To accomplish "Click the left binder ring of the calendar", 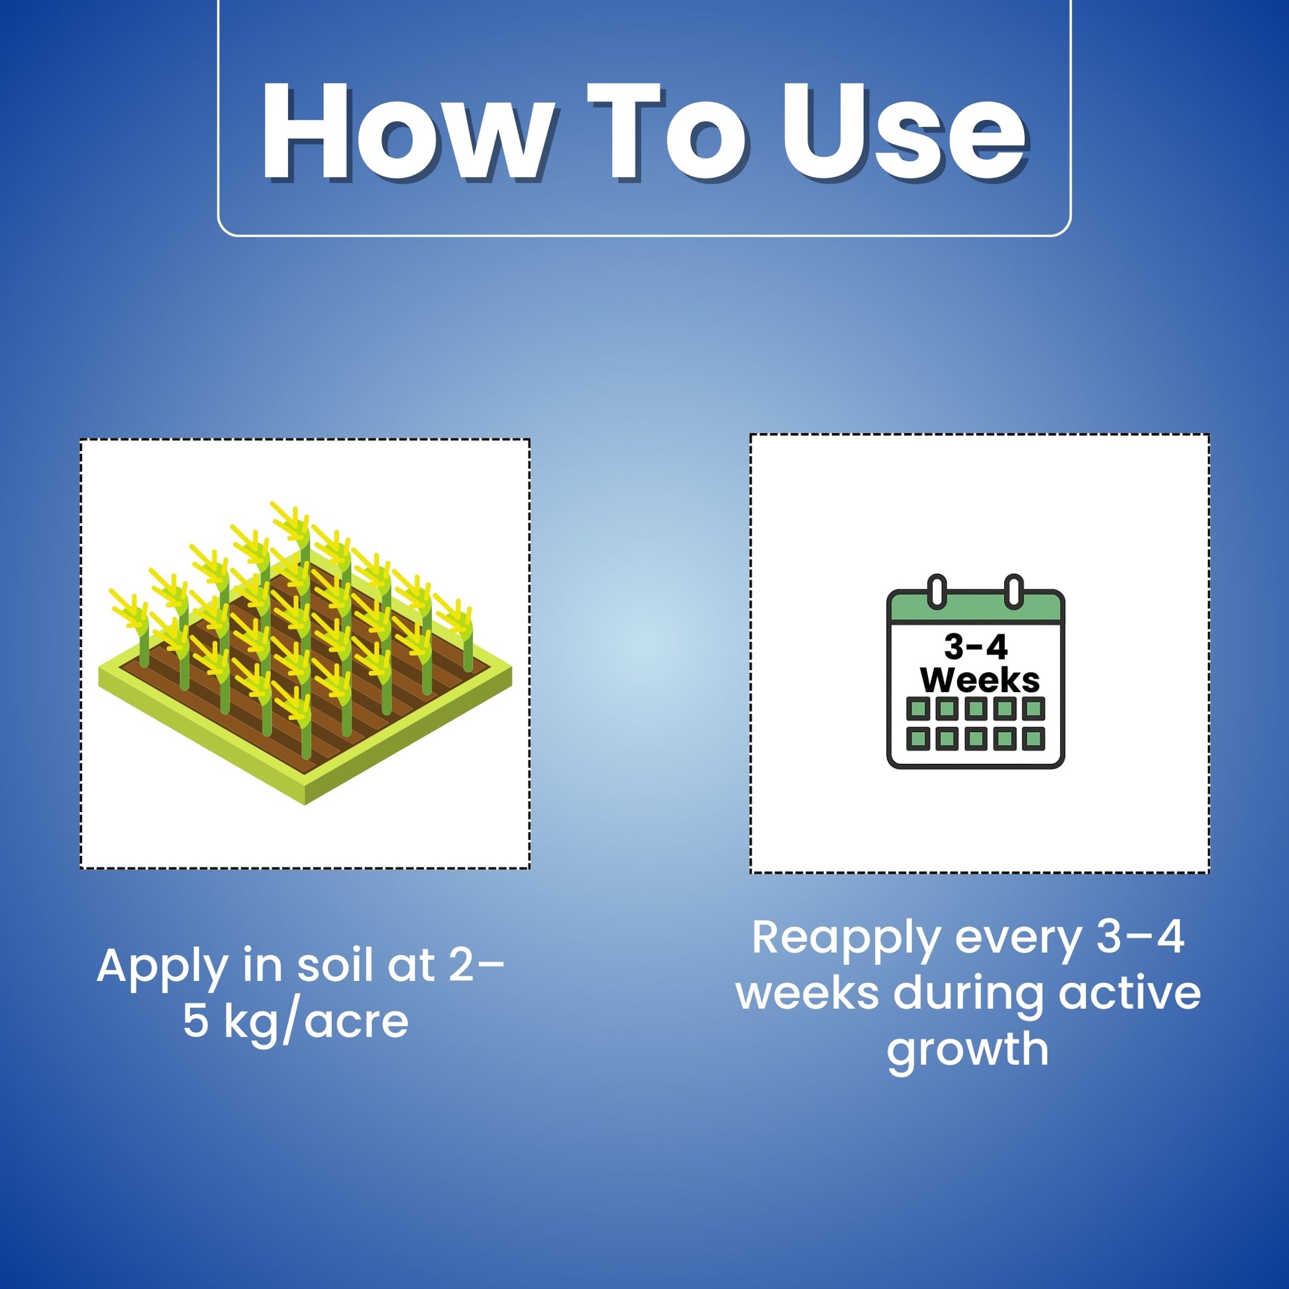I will [937, 590].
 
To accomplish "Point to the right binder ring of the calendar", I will [1013, 590].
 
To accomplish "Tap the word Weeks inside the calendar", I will [980, 680].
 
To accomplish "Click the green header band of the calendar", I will [975, 609].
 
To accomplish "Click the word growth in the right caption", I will [968, 1049].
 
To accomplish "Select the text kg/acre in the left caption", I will [315, 1021].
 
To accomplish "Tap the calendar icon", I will [975, 670].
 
